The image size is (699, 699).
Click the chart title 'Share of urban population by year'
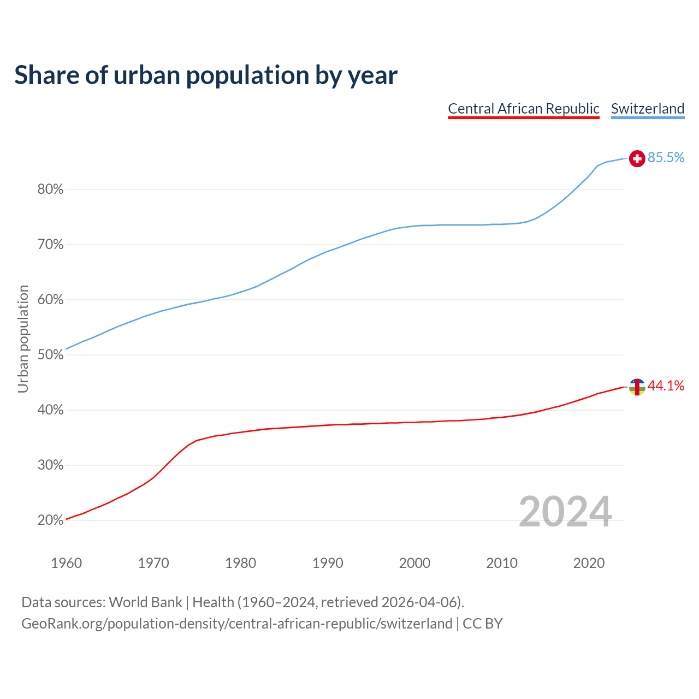[206, 75]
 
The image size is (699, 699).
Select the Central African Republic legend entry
[524, 109]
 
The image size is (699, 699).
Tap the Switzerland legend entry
[648, 109]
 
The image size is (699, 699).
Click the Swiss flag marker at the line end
[637, 158]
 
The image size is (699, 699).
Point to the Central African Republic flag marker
[637, 387]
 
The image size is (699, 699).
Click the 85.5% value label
[666, 158]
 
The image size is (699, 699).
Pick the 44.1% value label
[666, 386]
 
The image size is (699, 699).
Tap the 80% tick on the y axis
[51, 189]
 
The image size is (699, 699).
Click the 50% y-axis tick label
[51, 355]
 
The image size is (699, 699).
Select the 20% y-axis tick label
[51, 520]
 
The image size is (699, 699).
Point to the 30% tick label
[51, 465]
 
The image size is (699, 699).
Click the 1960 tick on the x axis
[67, 563]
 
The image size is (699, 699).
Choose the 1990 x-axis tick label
[328, 563]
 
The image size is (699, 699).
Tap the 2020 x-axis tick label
[589, 563]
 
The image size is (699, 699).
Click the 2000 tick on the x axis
[415, 563]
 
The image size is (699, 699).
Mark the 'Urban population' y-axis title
[23, 339]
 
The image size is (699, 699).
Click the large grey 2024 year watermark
[565, 512]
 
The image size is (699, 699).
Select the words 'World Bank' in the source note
[145, 602]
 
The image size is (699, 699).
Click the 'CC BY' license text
[483, 624]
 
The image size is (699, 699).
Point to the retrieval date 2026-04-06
[419, 602]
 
